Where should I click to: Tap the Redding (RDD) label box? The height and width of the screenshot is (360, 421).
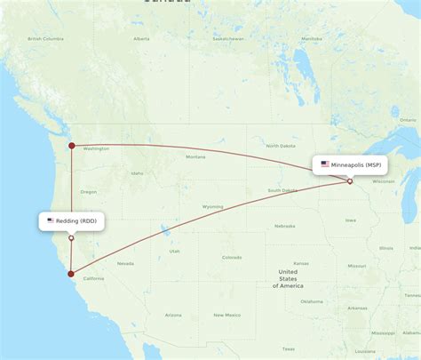(71, 220)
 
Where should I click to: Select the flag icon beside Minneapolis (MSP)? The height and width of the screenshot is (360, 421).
(325, 164)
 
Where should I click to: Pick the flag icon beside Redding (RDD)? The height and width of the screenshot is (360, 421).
(51, 220)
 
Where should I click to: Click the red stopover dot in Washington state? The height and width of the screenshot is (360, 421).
(72, 145)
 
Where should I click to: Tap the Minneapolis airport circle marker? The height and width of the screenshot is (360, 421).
(350, 181)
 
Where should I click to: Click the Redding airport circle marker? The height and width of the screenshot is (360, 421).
(71, 237)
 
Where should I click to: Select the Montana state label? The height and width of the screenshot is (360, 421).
(195, 157)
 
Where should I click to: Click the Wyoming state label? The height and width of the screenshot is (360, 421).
(213, 206)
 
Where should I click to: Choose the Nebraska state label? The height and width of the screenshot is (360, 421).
(284, 226)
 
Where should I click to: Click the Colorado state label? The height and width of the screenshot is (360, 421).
(232, 257)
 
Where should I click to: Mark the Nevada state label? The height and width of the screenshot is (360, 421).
(125, 263)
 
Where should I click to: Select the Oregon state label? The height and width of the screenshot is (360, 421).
(88, 192)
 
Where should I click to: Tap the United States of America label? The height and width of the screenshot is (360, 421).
(289, 277)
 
